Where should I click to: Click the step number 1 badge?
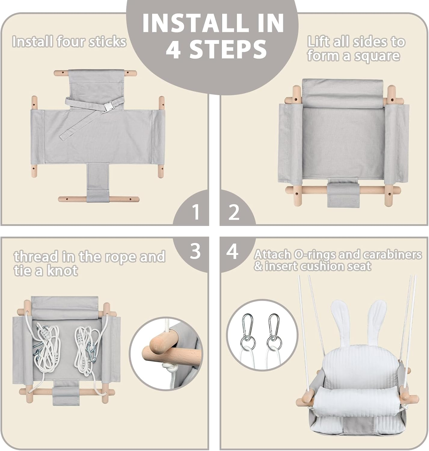(x=195, y=212)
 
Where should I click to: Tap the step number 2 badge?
(x=234, y=212)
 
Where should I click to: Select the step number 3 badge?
(x=195, y=251)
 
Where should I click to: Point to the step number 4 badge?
(x=232, y=251)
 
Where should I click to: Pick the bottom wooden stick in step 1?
(x=99, y=199)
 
